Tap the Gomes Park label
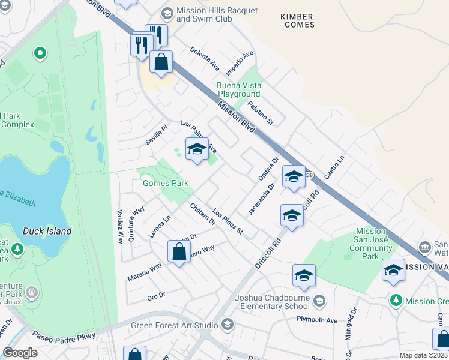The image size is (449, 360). [165, 183]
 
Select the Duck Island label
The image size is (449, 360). [47, 231]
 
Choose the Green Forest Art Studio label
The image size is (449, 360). [175, 325]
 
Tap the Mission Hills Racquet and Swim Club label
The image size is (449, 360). [217, 15]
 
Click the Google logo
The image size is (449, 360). [20, 353]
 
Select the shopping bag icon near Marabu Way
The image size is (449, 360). [179, 253]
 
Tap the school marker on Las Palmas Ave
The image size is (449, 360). [196, 151]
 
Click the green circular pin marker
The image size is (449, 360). [40, 54]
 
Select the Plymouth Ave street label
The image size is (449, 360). [316, 320]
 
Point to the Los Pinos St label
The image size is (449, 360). [228, 222]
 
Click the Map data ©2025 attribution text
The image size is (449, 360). [423, 355]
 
